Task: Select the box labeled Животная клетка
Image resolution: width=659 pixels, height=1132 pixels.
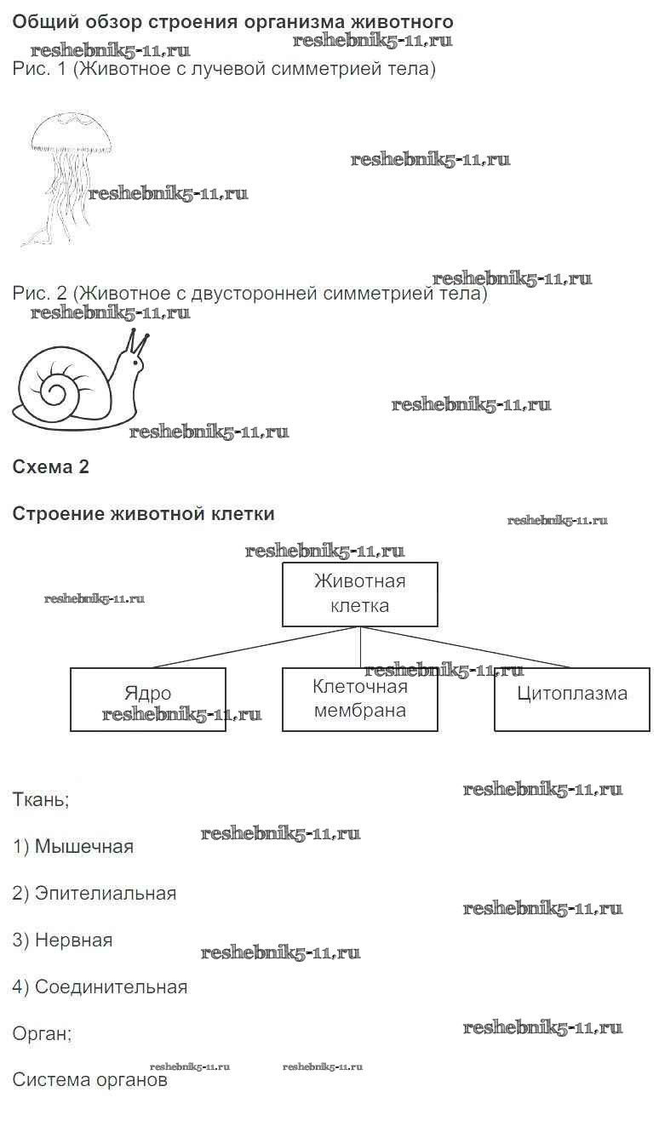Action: pos(359,594)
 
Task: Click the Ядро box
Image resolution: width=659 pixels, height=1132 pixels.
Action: pos(147,700)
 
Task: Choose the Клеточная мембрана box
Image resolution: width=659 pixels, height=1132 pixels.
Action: pos(359,700)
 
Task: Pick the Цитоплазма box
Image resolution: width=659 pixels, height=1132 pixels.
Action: pos(571,700)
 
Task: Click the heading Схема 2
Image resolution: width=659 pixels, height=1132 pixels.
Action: pos(50,466)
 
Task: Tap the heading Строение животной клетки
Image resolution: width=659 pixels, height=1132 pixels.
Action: pos(143,514)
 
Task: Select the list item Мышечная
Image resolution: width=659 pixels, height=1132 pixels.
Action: pos(73,847)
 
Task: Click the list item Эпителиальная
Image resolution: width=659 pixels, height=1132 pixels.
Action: pos(95,894)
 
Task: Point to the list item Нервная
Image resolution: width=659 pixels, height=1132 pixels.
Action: pos(63,940)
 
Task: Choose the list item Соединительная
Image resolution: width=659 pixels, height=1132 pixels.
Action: pos(100,987)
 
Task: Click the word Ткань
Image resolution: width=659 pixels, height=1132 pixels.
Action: pos(41,800)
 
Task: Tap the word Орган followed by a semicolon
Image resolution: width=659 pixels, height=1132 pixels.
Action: pos(42,1034)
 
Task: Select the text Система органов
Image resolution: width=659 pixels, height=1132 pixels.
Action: pos(89,1080)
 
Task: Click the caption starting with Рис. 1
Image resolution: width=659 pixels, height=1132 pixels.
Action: pos(224,69)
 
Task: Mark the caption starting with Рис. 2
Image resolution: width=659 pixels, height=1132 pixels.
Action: pos(249,294)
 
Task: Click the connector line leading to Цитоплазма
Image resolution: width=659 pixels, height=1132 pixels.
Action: pos(468,648)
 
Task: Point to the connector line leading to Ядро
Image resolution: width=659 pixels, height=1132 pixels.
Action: pos(255,648)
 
